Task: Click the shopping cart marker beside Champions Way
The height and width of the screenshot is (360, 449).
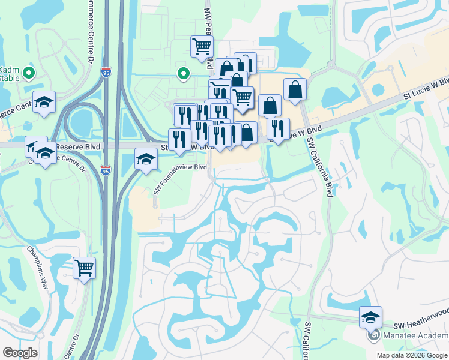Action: [x=85, y=268]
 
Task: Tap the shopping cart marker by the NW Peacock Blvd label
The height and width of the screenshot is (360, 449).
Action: [x=202, y=46]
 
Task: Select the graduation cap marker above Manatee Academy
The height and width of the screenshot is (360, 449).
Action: [x=370, y=316]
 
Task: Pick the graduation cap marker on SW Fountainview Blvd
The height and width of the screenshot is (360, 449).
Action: [x=146, y=159]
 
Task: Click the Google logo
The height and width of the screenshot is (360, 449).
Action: [x=20, y=353]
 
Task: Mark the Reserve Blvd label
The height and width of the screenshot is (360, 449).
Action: [x=76, y=146]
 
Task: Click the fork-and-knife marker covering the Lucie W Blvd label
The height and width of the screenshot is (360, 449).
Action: [x=277, y=128]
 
